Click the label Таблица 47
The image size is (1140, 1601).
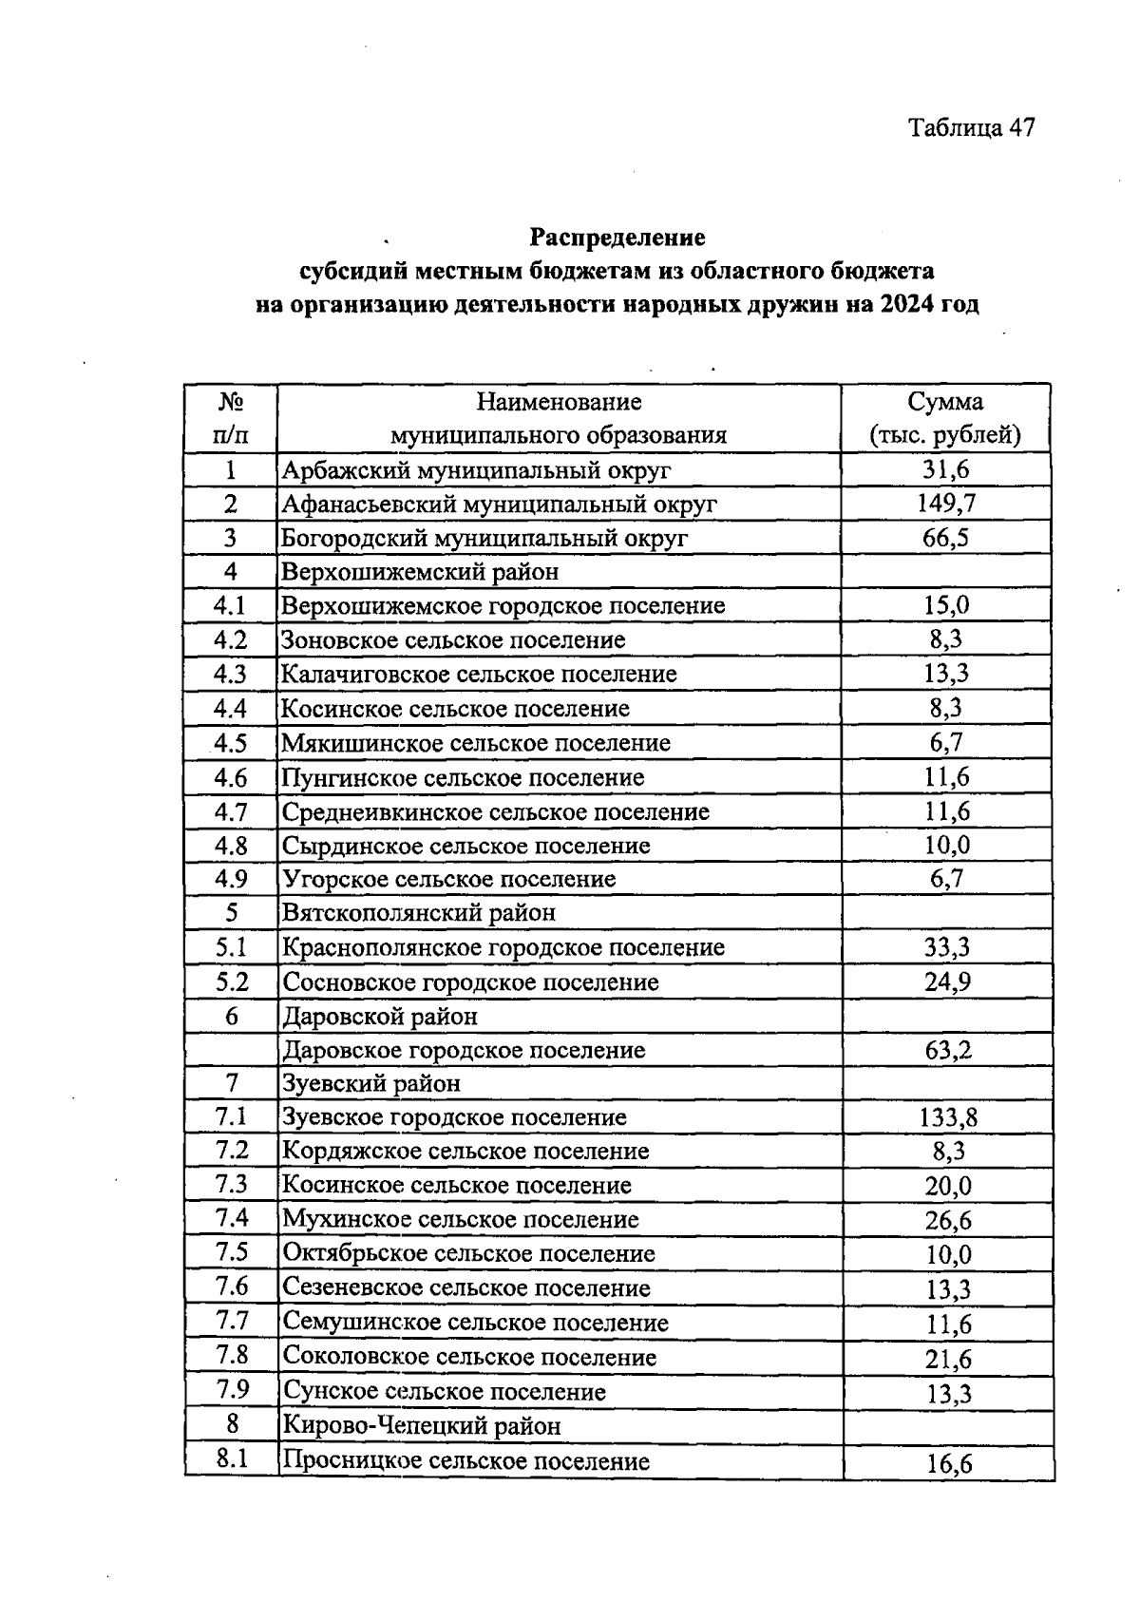(970, 127)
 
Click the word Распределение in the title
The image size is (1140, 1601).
(617, 236)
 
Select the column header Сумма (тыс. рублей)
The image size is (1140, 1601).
(945, 418)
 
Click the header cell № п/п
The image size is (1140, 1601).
(231, 418)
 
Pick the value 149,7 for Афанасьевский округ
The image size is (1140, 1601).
(945, 504)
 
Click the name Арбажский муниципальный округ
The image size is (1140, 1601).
(476, 469)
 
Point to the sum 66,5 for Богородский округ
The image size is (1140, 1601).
(945, 538)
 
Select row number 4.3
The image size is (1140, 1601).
(231, 674)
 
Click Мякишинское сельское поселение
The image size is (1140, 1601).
(476, 742)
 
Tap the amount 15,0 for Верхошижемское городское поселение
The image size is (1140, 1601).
(945, 605)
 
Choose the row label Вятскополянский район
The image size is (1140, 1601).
(419, 913)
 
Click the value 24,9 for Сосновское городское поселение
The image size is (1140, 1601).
(947, 982)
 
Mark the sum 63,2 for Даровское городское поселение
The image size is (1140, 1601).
(947, 1050)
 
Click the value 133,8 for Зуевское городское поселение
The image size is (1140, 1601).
(948, 1117)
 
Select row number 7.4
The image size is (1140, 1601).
(232, 1218)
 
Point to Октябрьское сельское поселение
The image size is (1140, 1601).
(469, 1253)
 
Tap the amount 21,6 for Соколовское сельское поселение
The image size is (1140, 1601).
(948, 1359)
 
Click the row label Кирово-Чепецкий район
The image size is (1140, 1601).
(422, 1425)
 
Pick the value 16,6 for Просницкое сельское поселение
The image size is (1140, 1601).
(949, 1463)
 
